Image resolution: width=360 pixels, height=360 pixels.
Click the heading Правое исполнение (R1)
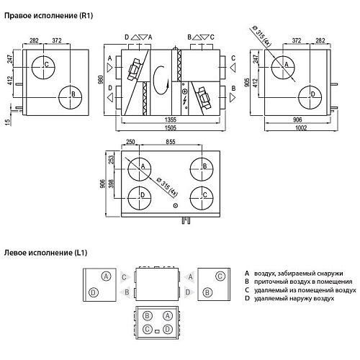pos(49,16)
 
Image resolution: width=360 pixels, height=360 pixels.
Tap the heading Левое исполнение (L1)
pos(45,253)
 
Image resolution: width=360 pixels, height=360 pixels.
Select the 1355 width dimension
pos(171,120)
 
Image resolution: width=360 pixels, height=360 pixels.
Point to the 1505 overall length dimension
pos(171,127)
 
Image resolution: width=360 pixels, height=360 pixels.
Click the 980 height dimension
pos(101,80)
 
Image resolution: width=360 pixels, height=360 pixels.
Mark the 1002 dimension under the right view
pos(301,127)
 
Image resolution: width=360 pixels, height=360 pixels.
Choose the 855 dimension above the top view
pos(171,142)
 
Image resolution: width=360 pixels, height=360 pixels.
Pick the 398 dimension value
pos(111,184)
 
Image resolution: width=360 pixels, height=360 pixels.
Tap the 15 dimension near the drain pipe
pos(8,122)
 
